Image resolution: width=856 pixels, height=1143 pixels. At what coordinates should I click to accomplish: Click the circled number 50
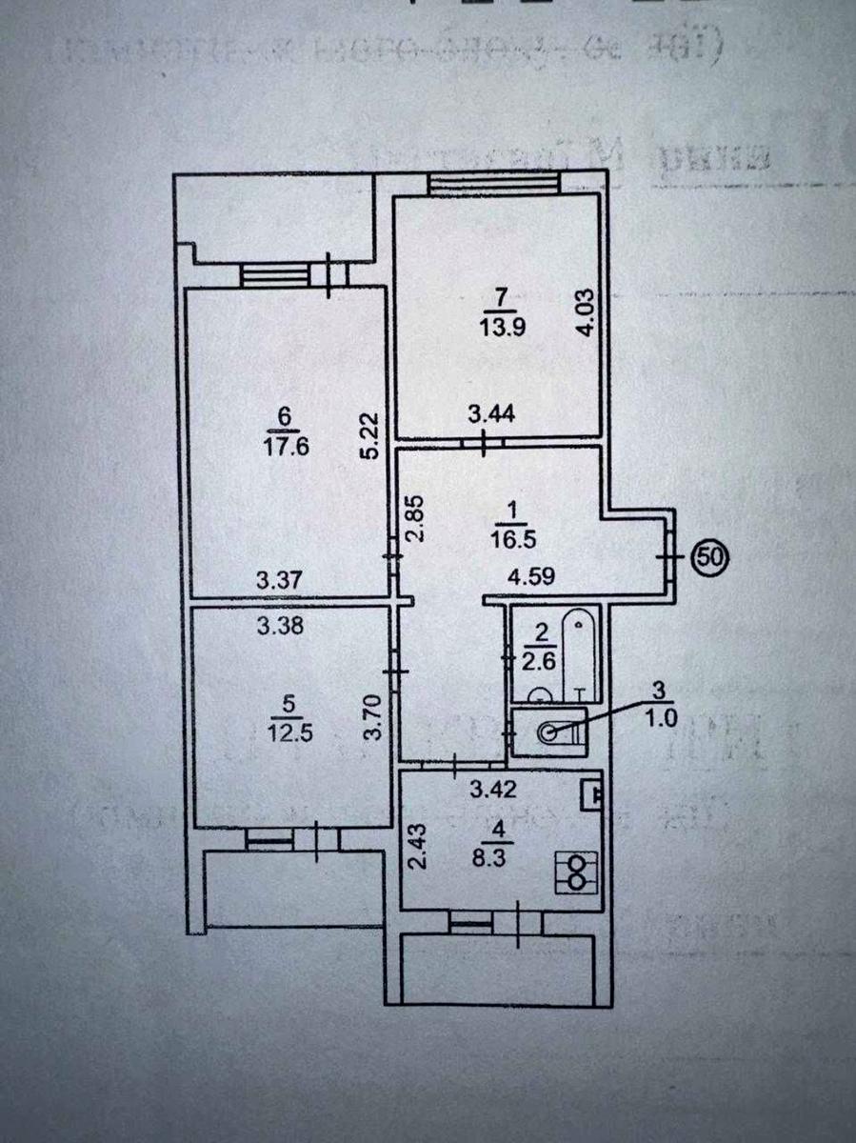click(x=708, y=553)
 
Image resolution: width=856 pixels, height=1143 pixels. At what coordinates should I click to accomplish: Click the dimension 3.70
click(x=378, y=718)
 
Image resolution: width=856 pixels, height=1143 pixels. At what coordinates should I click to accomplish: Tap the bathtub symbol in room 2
click(x=579, y=652)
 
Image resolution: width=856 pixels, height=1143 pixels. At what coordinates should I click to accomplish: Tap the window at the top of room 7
click(x=490, y=182)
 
